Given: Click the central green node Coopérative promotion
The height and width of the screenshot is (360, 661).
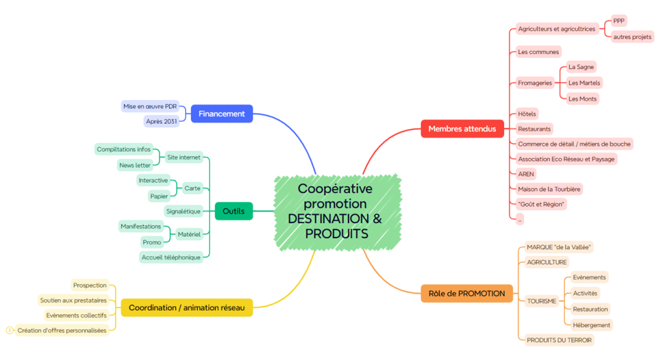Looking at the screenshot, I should [x=335, y=210].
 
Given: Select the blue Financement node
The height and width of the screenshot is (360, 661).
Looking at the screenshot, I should [x=221, y=114].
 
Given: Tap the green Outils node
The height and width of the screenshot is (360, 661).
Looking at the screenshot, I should [x=233, y=211].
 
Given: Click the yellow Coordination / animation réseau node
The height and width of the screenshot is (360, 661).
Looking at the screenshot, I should [x=187, y=308].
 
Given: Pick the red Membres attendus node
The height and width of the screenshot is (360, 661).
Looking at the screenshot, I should [x=462, y=129].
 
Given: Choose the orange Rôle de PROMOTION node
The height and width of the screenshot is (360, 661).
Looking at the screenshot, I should [x=467, y=294].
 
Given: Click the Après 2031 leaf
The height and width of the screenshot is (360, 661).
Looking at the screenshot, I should [x=161, y=121].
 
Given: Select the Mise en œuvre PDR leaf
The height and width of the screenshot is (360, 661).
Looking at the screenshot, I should [x=150, y=106].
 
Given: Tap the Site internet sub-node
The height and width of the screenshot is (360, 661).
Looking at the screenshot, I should [x=184, y=157].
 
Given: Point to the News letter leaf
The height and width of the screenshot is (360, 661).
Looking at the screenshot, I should [x=135, y=165].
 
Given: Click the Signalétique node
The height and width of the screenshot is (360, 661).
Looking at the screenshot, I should [x=184, y=211].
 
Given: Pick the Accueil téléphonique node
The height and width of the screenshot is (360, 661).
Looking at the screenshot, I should [x=171, y=257].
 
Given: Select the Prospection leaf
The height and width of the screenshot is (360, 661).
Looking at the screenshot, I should [x=90, y=285].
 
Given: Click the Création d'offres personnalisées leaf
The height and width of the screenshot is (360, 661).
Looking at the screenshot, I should [x=62, y=330].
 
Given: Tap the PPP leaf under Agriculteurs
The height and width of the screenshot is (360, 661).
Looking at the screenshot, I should [x=619, y=21].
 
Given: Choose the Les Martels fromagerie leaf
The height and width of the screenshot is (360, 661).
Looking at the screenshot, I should [x=584, y=83].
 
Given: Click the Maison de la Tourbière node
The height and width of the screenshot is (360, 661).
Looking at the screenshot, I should [x=549, y=189].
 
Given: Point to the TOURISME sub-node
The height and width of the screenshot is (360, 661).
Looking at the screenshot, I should [x=541, y=301].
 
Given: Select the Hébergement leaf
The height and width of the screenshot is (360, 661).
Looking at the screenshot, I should [x=591, y=325].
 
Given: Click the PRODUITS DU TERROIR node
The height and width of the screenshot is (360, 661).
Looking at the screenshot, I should [x=559, y=340].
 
